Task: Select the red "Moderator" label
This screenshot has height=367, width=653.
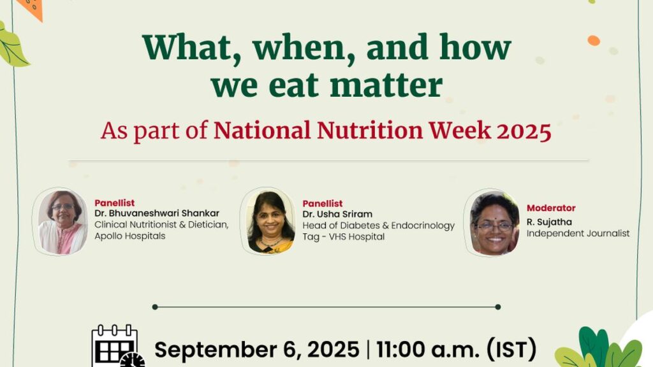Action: point(551,208)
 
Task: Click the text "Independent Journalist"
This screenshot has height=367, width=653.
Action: point(578,233)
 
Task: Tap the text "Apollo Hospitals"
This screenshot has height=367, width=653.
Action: point(129,236)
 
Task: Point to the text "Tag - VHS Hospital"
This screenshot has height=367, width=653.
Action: point(343,236)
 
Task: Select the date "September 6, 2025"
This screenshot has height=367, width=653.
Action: point(256,350)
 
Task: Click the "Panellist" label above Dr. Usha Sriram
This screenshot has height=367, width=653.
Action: point(322,203)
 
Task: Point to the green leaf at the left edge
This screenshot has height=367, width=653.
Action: point(12,45)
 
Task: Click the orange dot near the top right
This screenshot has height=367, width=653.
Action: point(594,41)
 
